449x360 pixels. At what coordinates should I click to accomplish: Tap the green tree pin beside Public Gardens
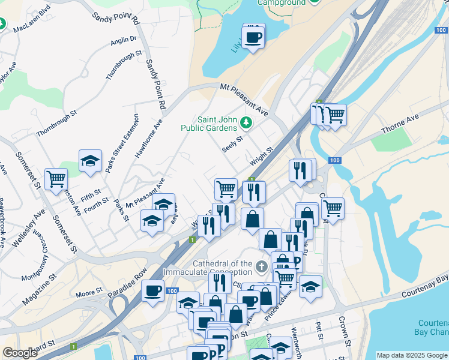[x=246, y=123]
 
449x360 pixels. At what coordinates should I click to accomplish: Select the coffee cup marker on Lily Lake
[x=253, y=37]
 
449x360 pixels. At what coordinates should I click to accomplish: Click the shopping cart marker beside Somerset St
[x=56, y=178]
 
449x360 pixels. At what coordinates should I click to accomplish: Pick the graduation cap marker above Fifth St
[x=90, y=161]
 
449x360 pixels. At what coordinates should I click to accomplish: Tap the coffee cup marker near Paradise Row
[x=153, y=292]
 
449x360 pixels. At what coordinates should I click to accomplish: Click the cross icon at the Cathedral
[x=261, y=265]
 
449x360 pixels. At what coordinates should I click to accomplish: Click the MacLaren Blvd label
[x=32, y=19]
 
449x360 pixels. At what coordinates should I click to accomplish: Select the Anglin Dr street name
[x=124, y=41]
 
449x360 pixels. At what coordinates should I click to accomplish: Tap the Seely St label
[x=232, y=144]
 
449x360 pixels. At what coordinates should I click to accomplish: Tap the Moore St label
[x=89, y=293]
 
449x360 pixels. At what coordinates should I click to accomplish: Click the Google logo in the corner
[x=20, y=353]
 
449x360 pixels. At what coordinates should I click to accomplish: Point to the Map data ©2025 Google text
[x=411, y=355]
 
